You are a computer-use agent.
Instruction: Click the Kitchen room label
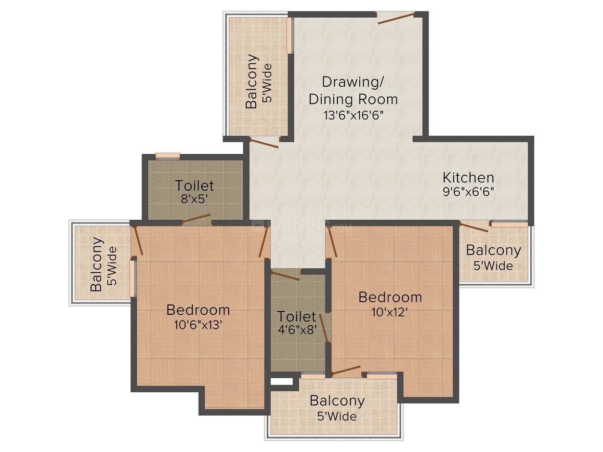coord(468,177)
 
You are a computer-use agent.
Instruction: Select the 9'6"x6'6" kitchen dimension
coord(468,191)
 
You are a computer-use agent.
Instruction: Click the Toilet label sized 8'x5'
coord(194,185)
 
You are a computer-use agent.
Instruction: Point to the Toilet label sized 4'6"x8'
coord(296,316)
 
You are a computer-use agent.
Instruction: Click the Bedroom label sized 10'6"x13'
coord(198,310)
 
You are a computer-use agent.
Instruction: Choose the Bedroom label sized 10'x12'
coord(390,297)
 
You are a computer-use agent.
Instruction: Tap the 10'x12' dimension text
coord(390,312)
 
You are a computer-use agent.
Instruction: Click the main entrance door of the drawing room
coord(396,18)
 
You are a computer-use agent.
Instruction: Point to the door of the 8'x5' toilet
coord(196,219)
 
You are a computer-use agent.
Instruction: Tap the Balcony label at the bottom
coord(337,401)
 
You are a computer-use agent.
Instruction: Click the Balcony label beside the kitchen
coord(493,250)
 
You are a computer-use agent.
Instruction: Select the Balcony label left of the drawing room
coord(252,81)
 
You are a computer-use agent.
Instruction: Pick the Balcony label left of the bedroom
coord(96,264)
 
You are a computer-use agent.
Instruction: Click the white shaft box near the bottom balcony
coord(281,381)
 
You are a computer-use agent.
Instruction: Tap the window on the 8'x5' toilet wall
coord(168,155)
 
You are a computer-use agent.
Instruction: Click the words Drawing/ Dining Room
coord(352,90)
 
